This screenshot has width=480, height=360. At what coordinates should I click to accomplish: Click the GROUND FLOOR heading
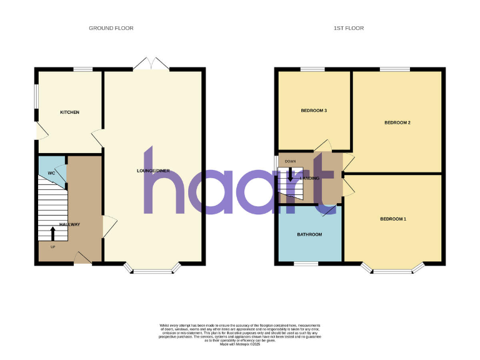pyautogui.click(x=111, y=28)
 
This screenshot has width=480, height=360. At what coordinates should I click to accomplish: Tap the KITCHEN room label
pyautogui.click(x=69, y=112)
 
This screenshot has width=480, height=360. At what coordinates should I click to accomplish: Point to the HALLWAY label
pyautogui.click(x=69, y=224)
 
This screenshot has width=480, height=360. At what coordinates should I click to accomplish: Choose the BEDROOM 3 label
pyautogui.click(x=314, y=111)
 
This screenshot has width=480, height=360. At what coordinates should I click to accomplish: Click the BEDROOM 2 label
pyautogui.click(x=397, y=122)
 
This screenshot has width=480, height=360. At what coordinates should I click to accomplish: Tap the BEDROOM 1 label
pyautogui.click(x=393, y=219)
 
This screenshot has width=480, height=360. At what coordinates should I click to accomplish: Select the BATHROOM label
pyautogui.click(x=309, y=234)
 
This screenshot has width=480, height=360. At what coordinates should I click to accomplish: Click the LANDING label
pyautogui.click(x=309, y=178)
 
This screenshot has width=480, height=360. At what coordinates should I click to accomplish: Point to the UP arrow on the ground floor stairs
pyautogui.click(x=52, y=233)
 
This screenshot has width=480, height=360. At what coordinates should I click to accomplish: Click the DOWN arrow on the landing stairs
pyautogui.click(x=290, y=173)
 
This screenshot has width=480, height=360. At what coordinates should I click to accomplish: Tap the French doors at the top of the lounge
pyautogui.click(x=152, y=64)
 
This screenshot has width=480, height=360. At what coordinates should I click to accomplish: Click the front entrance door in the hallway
pyautogui.click(x=82, y=257)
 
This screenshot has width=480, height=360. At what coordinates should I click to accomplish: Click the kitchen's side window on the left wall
pyautogui.click(x=35, y=99)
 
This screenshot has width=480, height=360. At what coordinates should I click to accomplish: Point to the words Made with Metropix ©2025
pyautogui.click(x=240, y=344)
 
